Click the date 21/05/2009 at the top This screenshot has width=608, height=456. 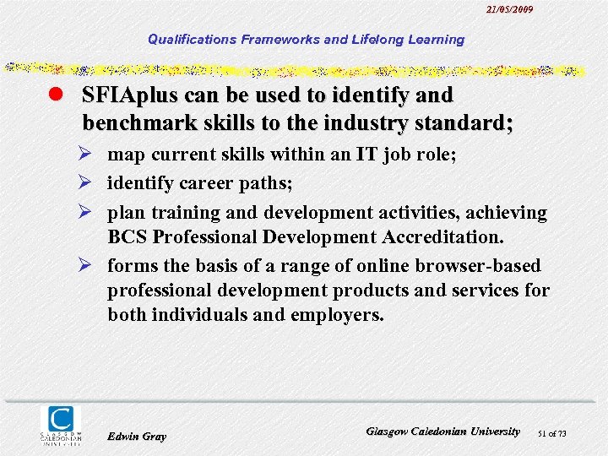click(510, 9)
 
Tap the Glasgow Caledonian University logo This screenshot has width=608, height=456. click(62, 425)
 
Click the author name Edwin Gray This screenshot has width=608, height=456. click(137, 437)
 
